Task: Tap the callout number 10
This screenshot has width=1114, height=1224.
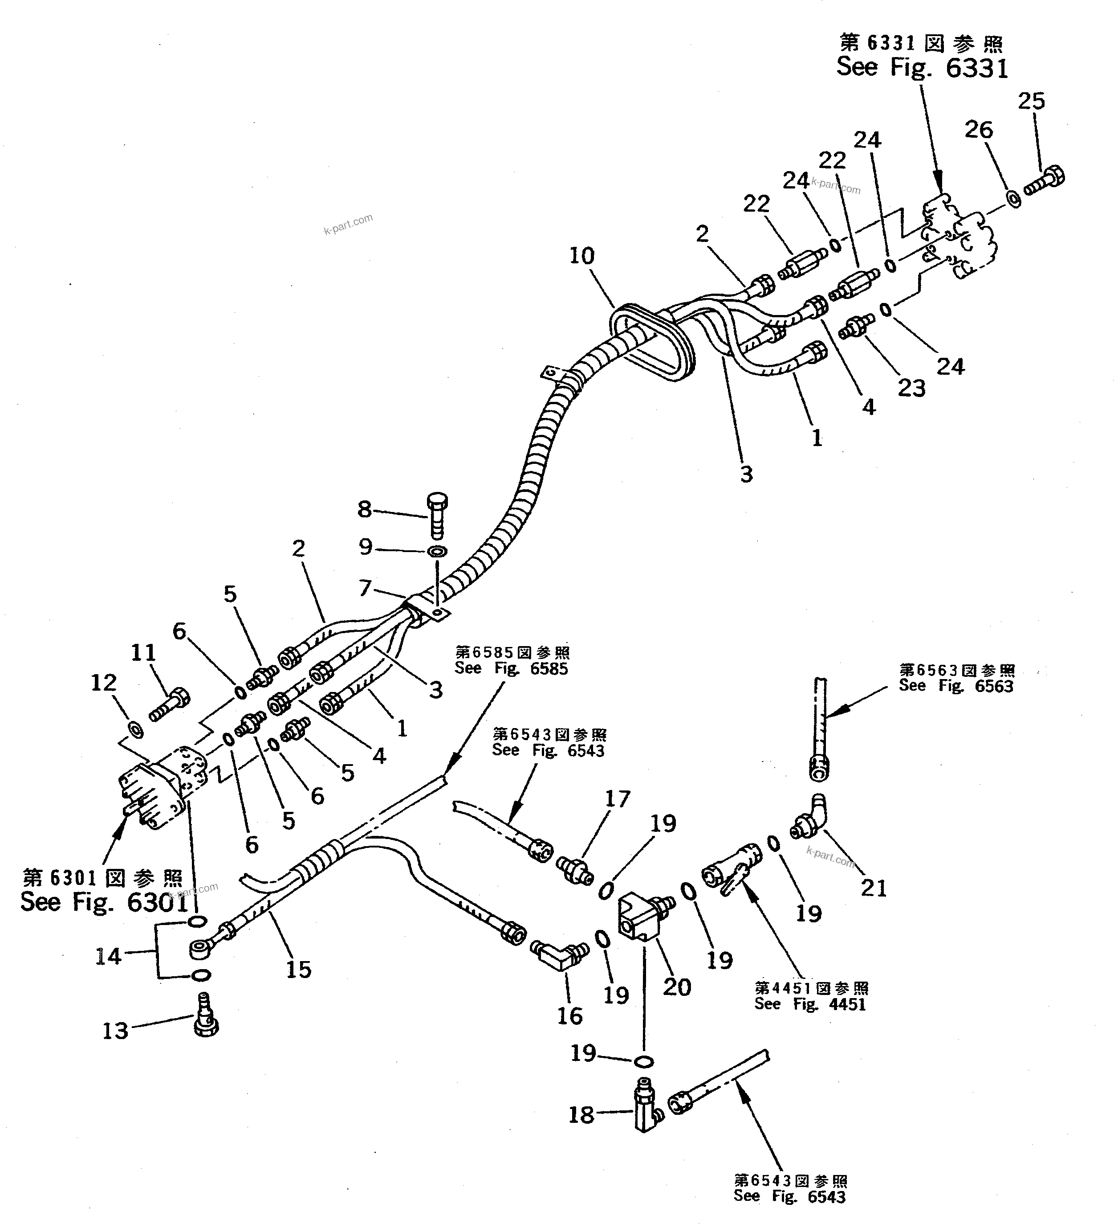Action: pos(581,256)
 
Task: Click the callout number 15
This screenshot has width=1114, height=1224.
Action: pos(298,970)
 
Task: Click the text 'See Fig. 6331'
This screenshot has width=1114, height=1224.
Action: pos(922,67)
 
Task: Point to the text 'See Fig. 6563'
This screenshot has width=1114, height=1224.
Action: pos(955,686)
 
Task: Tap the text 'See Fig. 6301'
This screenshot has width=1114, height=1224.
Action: pos(104,903)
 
